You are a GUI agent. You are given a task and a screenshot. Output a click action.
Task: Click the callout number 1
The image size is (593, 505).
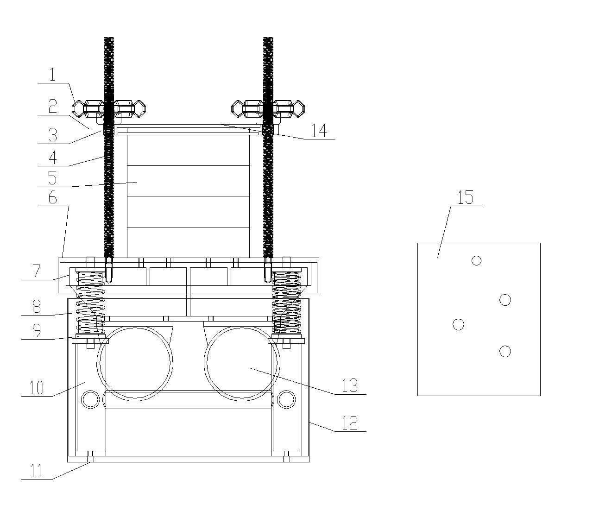52,75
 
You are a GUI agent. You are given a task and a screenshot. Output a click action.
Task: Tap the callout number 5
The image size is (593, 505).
52,178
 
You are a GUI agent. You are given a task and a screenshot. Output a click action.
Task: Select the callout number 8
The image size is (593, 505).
37,306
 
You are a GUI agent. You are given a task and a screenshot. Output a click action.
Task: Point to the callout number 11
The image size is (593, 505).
37,471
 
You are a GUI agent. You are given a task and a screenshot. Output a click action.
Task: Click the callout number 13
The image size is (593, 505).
350,385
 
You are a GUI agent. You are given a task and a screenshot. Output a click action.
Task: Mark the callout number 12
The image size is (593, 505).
350,423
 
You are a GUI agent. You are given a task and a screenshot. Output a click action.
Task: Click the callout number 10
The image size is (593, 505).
37,388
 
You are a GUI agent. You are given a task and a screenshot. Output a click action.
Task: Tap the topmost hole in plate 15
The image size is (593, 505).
476,260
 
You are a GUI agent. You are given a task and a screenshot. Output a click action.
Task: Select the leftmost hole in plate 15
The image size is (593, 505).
458,324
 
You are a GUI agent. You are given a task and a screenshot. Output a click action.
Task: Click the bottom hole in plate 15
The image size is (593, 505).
505,351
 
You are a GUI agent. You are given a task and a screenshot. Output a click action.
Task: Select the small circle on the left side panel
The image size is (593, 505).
90,399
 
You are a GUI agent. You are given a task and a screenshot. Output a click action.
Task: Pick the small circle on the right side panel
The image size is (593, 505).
286,399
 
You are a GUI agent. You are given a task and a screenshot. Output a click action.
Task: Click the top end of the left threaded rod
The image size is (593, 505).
109,38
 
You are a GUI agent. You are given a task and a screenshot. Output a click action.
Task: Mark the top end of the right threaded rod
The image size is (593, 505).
268,38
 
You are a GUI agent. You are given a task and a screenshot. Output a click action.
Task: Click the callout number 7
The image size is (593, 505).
36,271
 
